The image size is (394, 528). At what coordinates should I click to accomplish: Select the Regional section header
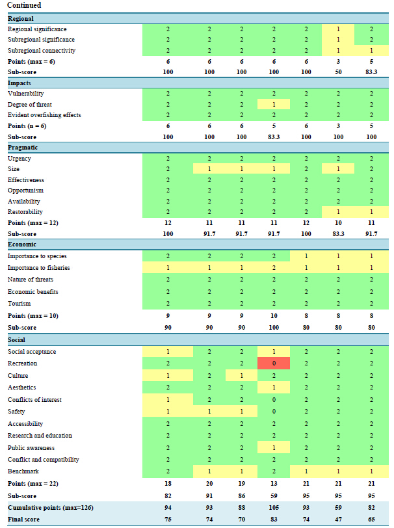(21, 19)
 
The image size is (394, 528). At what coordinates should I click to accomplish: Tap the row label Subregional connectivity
(42, 50)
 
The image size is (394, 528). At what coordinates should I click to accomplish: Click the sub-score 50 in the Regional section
(339, 70)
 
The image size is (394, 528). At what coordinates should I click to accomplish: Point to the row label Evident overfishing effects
(44, 115)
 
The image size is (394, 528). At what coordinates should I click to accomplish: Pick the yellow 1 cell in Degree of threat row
(274, 105)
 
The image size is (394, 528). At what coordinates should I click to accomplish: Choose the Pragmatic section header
(23, 148)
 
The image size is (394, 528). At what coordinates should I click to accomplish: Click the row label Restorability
(25, 212)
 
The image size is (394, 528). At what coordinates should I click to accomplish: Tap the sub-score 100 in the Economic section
(274, 328)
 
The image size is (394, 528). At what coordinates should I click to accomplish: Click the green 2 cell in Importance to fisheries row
(274, 268)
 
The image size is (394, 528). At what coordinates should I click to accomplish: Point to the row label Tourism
(20, 304)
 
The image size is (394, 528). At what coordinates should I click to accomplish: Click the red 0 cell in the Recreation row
(274, 363)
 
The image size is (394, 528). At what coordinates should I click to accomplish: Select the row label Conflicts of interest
(34, 400)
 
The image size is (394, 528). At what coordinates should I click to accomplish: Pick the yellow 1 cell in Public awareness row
(274, 448)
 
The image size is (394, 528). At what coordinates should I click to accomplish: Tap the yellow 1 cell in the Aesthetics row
(274, 388)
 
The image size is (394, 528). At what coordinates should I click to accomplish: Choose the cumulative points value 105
(274, 507)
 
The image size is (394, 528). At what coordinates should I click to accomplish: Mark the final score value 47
(339, 519)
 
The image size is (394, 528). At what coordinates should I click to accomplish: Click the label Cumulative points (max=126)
(49, 507)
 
